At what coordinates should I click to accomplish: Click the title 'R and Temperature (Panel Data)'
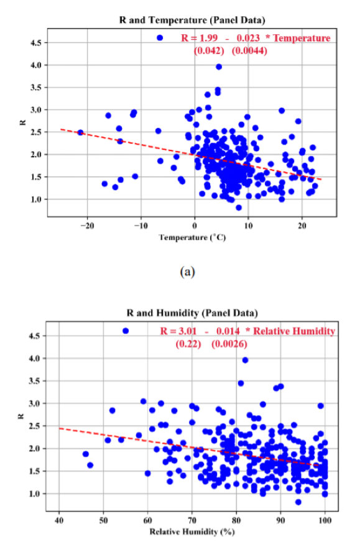coord(192,20)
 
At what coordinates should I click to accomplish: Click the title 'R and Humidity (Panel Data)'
coord(192,313)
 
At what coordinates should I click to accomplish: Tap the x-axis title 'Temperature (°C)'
coord(192,237)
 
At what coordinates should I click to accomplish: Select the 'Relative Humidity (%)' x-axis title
coord(192,532)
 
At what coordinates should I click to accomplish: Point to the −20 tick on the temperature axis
coord(87,226)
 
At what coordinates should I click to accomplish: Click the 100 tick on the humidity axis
coord(325,520)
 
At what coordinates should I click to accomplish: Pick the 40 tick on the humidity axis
coord(59,520)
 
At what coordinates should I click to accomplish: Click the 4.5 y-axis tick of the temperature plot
coord(36,43)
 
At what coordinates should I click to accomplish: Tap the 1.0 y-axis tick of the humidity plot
coord(34,493)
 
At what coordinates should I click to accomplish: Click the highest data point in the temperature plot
coord(219,66)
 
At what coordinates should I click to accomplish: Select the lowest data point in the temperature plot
coord(239,208)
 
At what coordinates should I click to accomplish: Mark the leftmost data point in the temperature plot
coord(80,132)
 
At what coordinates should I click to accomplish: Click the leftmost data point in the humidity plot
coord(86,454)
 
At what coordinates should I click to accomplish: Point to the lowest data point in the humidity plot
coord(298,502)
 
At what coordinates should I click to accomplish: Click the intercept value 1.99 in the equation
coord(208,38)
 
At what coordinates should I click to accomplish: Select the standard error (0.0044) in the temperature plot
coord(249,51)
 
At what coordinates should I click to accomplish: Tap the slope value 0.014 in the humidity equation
coord(228,331)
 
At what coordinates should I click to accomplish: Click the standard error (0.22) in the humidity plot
coord(188,344)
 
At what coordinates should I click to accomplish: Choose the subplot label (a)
coord(187,272)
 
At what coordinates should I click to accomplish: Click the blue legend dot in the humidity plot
coord(126,331)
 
